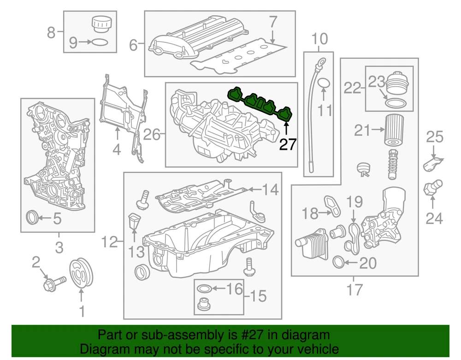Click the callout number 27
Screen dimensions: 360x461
pyautogui.click(x=288, y=145)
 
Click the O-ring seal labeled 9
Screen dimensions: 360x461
pyautogui.click(x=99, y=43)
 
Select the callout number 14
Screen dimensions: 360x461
pyautogui.click(x=271, y=189)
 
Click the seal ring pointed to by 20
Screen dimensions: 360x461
pyautogui.click(x=338, y=263)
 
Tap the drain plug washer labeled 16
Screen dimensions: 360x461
pyautogui.click(x=204, y=289)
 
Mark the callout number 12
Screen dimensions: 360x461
pyautogui.click(x=110, y=241)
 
